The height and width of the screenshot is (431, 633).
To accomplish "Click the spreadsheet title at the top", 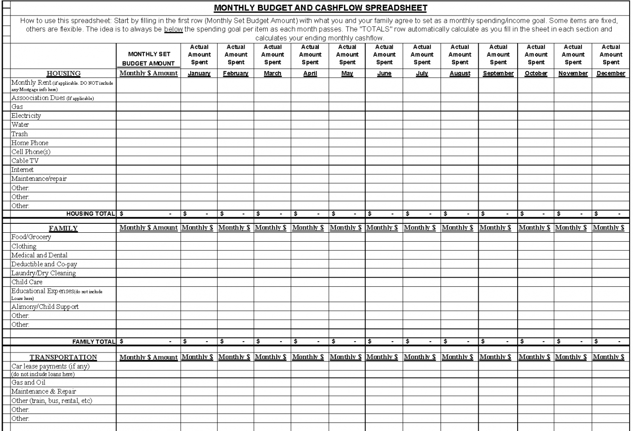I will click(320, 8).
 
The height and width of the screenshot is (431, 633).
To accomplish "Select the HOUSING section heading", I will click(63, 73).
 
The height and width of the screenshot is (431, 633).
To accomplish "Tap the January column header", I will click(199, 73).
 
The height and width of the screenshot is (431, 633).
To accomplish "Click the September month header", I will click(498, 73).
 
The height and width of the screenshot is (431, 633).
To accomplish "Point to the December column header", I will click(611, 73).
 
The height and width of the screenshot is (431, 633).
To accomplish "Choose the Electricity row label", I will click(26, 116).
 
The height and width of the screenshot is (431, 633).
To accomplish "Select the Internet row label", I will click(23, 170).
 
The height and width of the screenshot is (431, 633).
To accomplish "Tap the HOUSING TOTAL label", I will click(91, 214).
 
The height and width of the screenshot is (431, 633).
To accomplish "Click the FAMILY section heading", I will click(63, 229).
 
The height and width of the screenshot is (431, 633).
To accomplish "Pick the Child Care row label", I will click(27, 282).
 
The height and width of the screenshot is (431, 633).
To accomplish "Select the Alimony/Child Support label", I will click(45, 307).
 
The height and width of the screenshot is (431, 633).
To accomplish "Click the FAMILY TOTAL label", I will click(94, 341).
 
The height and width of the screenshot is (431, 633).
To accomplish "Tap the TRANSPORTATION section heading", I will click(63, 357).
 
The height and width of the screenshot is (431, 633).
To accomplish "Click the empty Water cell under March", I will click(273, 125).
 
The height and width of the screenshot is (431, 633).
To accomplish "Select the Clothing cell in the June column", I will click(384, 246).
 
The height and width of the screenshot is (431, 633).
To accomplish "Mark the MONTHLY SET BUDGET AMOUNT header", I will click(149, 59).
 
